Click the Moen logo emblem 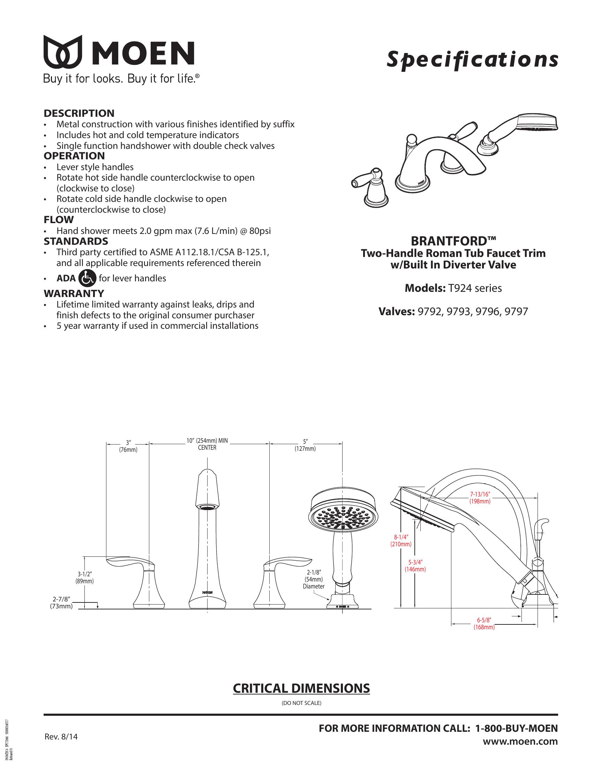pyautogui.click(x=63, y=52)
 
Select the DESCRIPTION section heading pyautogui.click(x=79, y=113)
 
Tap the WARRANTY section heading pyautogui.click(x=74, y=293)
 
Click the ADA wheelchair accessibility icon pyautogui.click(x=87, y=278)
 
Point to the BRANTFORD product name pyautogui.click(x=453, y=241)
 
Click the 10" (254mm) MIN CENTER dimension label pyautogui.click(x=207, y=444)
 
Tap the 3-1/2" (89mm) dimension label pyautogui.click(x=85, y=577)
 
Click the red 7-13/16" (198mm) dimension pyautogui.click(x=480, y=498)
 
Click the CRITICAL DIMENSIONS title pyautogui.click(x=301, y=689)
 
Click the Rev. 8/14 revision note pyautogui.click(x=61, y=736)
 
